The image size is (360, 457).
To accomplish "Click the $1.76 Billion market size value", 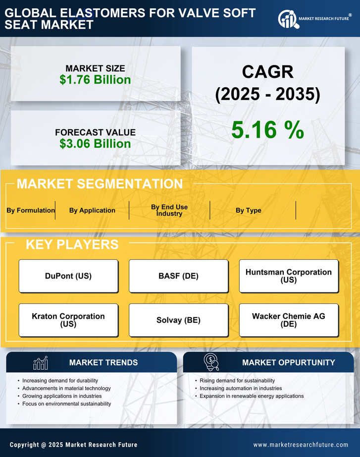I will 95,80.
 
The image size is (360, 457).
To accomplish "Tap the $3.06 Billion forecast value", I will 95,144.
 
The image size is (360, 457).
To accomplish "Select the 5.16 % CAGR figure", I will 267,130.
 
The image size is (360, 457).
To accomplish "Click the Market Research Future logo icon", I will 288,19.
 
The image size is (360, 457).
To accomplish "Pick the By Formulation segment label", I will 31,210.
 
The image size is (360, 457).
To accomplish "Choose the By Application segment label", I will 92,210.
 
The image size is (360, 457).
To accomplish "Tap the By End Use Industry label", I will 169,210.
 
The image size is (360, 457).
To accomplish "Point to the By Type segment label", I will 249,210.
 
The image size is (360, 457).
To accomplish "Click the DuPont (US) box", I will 68,276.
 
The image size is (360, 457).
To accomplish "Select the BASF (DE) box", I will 179,276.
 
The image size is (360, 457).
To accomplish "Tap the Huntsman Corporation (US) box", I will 289,276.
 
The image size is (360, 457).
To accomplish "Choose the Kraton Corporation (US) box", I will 68,320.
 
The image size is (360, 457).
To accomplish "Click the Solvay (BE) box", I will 179,320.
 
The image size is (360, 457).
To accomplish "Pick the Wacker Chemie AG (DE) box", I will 289,320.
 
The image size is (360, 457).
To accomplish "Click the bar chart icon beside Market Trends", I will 41,363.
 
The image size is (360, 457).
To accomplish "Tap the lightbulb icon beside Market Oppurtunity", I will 211,362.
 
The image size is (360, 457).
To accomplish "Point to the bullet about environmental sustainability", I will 66,404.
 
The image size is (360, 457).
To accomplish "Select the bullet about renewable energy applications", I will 252,396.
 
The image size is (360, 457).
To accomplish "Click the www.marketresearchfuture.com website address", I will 301,445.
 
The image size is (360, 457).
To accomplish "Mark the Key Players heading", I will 72,244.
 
